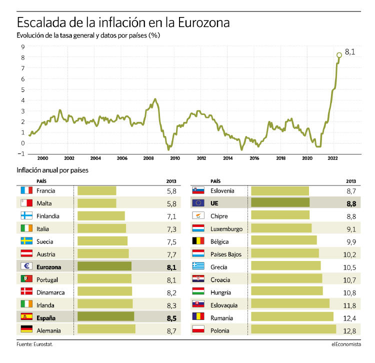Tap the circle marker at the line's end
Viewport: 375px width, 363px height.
point(339,55)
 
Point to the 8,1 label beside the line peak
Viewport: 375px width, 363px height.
point(350,52)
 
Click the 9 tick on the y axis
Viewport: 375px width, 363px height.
point(23,46)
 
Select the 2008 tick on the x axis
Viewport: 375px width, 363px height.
point(148,157)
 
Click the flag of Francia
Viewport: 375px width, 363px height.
point(26,190)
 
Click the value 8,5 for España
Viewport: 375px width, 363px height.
point(171,316)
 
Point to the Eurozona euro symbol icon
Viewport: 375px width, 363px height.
point(26,266)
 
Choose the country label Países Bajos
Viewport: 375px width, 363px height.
point(226,254)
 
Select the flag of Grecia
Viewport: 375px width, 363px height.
point(198,266)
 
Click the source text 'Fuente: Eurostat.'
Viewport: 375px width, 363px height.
point(34,344)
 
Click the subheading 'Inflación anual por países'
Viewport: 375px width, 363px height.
point(52,170)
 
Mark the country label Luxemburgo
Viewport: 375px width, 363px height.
point(226,228)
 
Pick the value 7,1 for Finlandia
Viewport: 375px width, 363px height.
point(171,216)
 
